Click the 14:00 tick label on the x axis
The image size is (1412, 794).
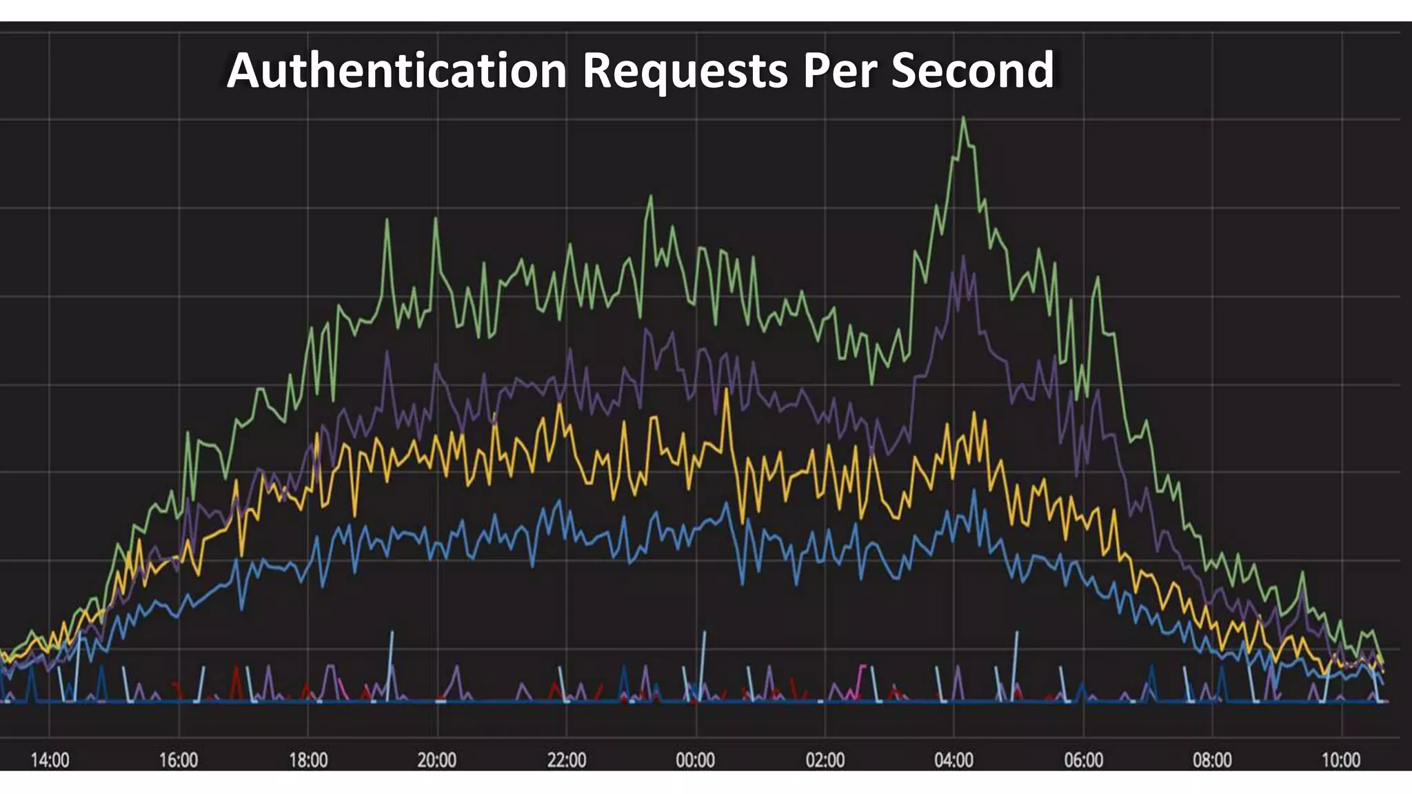click(x=50, y=760)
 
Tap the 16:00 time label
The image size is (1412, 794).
click(x=179, y=760)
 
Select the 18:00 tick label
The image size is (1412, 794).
click(x=308, y=760)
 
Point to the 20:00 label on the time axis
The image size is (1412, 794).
click(x=437, y=760)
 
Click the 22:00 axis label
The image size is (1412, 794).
click(x=567, y=760)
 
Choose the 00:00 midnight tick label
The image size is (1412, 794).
click(x=696, y=760)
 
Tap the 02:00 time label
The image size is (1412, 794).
click(x=825, y=760)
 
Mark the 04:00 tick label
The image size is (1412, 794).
click(x=954, y=760)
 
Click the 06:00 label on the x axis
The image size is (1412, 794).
click(x=1084, y=760)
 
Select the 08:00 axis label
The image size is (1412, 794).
click(x=1213, y=760)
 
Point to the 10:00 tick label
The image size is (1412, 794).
click(x=1341, y=760)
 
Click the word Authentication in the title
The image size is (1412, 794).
click(x=396, y=70)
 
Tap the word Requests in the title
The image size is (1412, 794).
click(x=685, y=70)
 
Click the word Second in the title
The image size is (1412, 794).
click(x=972, y=70)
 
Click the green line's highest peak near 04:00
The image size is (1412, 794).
click(x=963, y=119)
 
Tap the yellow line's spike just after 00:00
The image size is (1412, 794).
click(x=727, y=391)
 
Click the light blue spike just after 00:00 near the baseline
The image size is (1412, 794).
click(x=704, y=633)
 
